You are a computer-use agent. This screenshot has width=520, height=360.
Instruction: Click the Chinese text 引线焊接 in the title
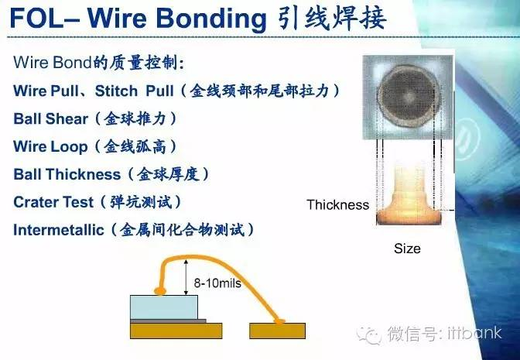(330, 19)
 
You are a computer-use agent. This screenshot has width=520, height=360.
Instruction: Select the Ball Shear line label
(51, 118)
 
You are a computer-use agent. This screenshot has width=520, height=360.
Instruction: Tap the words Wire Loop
(51, 146)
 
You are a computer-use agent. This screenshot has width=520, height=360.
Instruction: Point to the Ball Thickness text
(67, 174)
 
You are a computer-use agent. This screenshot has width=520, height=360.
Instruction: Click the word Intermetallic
(58, 230)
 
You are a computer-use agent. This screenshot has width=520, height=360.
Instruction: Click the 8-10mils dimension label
(217, 283)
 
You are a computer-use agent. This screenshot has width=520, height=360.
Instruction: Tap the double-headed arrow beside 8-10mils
(186, 277)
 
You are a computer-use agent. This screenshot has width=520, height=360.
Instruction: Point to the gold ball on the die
(159, 291)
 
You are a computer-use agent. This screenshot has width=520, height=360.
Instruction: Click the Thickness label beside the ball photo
(337, 205)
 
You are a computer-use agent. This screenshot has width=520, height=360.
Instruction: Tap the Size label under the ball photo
(407, 249)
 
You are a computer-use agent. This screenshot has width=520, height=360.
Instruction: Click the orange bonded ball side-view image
(407, 196)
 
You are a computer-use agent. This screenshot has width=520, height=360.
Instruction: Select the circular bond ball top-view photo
(408, 97)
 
